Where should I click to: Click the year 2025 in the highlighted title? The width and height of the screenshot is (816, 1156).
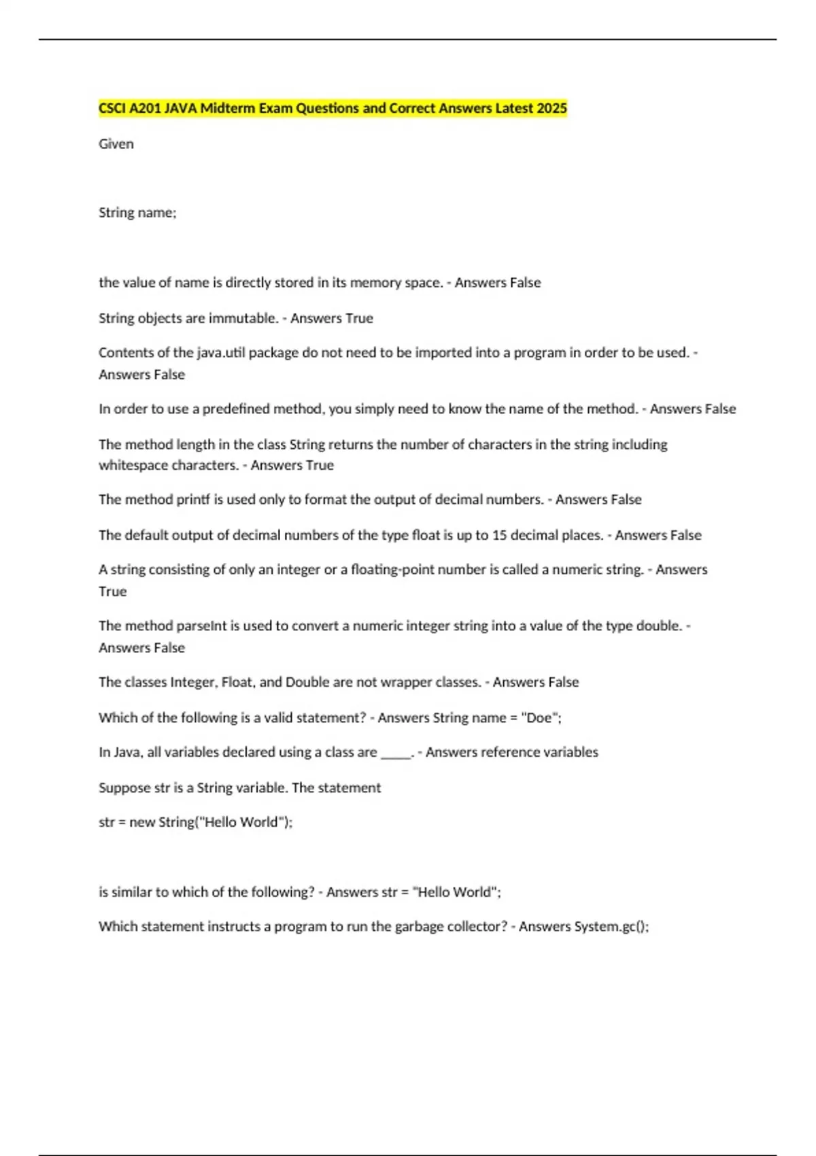(551, 108)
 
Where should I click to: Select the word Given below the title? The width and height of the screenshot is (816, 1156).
(116, 144)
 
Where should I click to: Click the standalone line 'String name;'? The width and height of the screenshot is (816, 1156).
(137, 213)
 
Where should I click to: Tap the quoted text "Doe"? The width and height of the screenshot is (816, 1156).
(539, 718)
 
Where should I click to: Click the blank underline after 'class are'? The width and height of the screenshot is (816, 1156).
(396, 753)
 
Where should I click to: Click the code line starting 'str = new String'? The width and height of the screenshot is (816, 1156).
(196, 822)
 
